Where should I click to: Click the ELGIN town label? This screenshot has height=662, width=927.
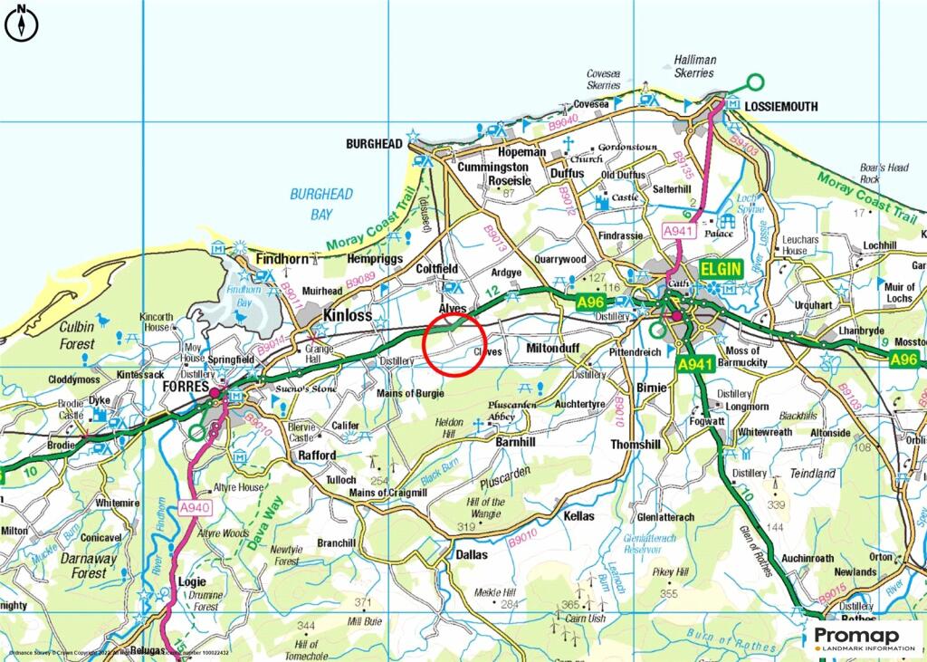[721, 269]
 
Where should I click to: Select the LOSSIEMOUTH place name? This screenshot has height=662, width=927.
[780, 106]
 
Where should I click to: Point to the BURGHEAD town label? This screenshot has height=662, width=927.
[374, 143]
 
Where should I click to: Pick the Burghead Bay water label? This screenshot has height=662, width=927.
[321, 205]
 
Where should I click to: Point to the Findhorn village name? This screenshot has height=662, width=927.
[282, 259]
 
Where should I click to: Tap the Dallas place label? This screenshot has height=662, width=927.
[471, 554]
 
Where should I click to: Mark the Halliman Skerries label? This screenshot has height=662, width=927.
[694, 66]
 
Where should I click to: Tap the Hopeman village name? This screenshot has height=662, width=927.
[522, 153]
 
